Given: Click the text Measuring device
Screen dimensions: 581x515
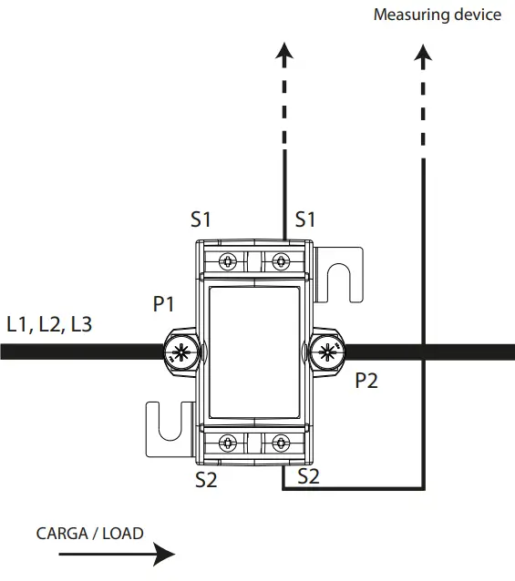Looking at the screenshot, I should [438, 15].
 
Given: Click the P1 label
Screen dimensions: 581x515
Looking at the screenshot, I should [164, 305].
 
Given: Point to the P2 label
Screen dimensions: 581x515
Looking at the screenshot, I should [366, 381].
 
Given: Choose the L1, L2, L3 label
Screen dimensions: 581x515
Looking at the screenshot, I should [49, 324].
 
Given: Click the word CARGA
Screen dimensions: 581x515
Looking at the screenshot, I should [64, 533].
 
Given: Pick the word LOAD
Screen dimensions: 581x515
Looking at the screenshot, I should [124, 533].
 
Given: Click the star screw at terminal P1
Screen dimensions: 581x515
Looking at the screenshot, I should [180, 352].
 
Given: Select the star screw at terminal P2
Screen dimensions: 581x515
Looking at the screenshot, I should [328, 352].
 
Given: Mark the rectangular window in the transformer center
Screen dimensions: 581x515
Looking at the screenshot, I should [254, 352].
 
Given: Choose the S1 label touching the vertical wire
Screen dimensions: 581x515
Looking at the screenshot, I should [304, 219].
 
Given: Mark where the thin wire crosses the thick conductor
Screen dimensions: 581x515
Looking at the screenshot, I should [423, 352].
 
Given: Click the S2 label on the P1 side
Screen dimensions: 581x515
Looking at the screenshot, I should [207, 480].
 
